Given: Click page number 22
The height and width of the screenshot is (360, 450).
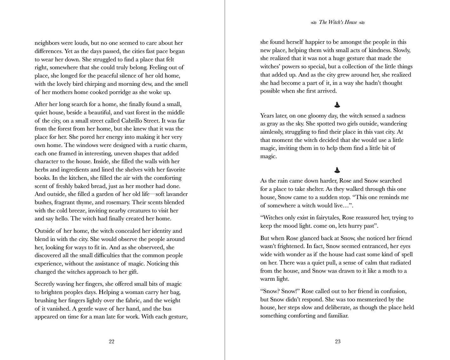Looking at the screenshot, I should pyautogui.click(x=111, y=342).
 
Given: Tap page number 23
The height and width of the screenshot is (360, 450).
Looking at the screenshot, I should pyautogui.click(x=338, y=342).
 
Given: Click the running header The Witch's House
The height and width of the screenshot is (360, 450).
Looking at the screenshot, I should pyautogui.click(x=338, y=22).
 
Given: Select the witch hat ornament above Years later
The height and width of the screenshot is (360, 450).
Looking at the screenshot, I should pyautogui.click(x=337, y=104).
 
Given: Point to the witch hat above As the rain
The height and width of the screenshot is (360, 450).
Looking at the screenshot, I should pyautogui.click(x=337, y=170).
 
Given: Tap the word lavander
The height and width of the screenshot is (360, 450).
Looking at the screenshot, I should pyautogui.click(x=174, y=194).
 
